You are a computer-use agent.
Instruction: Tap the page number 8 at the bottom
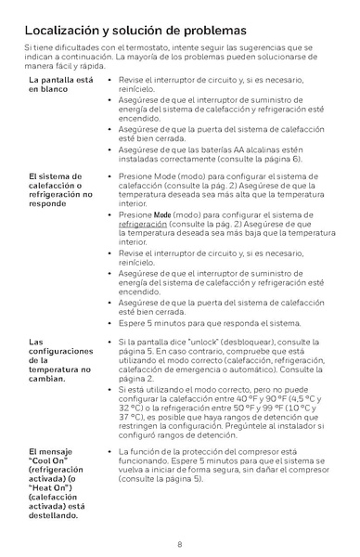pyautogui.click(x=179, y=544)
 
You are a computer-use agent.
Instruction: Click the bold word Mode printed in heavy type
pyautogui.click(x=163, y=214)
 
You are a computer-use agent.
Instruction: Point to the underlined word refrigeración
pyautogui.click(x=143, y=224)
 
